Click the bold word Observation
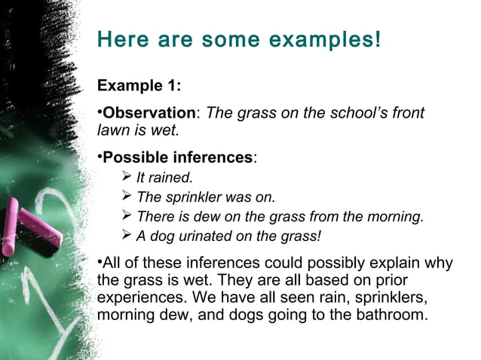coord(149,113)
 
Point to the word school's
coord(343,113)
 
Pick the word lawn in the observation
coord(112,130)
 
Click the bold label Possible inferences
coord(178,157)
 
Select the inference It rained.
coord(164,178)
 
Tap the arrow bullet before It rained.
coord(126,177)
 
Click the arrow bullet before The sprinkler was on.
coord(126,197)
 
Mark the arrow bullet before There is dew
coord(126,216)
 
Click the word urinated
coord(205,236)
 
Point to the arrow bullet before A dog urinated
coord(126,236)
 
